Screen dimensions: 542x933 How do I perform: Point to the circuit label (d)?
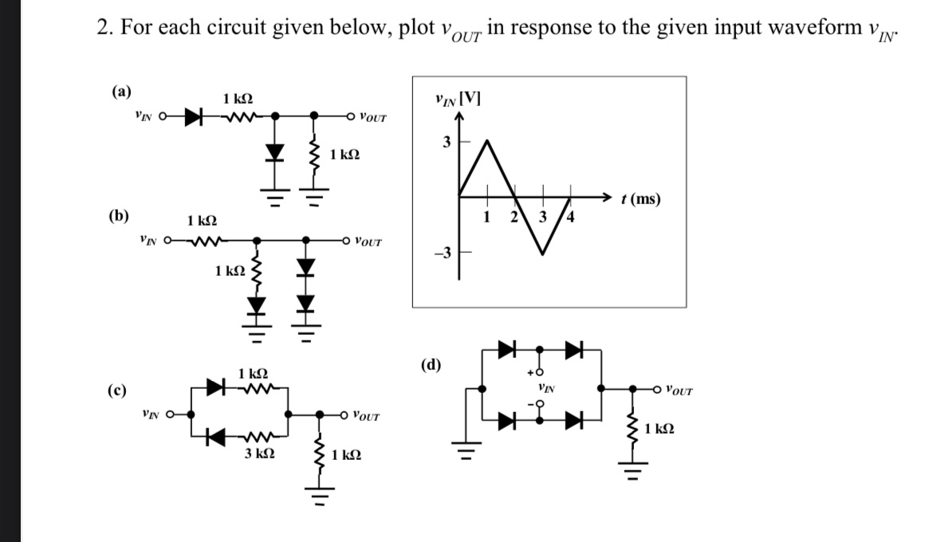tap(431, 366)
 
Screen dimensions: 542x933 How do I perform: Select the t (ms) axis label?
tap(642, 199)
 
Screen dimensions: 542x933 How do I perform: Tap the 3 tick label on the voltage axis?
tap(447, 143)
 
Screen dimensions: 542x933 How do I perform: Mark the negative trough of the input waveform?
tap(542, 254)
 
